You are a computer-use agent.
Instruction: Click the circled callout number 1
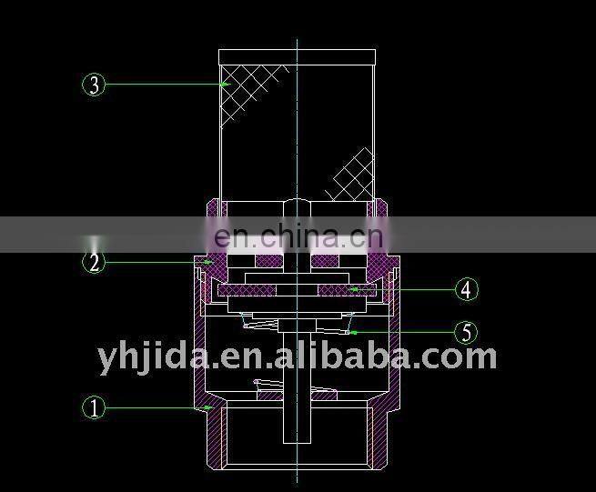(95, 407)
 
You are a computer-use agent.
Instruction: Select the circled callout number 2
(95, 263)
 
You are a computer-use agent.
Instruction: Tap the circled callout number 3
(95, 85)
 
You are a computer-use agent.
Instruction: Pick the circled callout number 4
(466, 290)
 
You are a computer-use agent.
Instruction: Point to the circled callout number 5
(466, 333)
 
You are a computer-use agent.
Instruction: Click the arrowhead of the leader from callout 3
(225, 85)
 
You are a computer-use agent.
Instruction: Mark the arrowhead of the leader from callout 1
(211, 407)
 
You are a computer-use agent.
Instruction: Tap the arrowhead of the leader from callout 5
(350, 333)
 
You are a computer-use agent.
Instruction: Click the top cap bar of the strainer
(297, 57)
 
